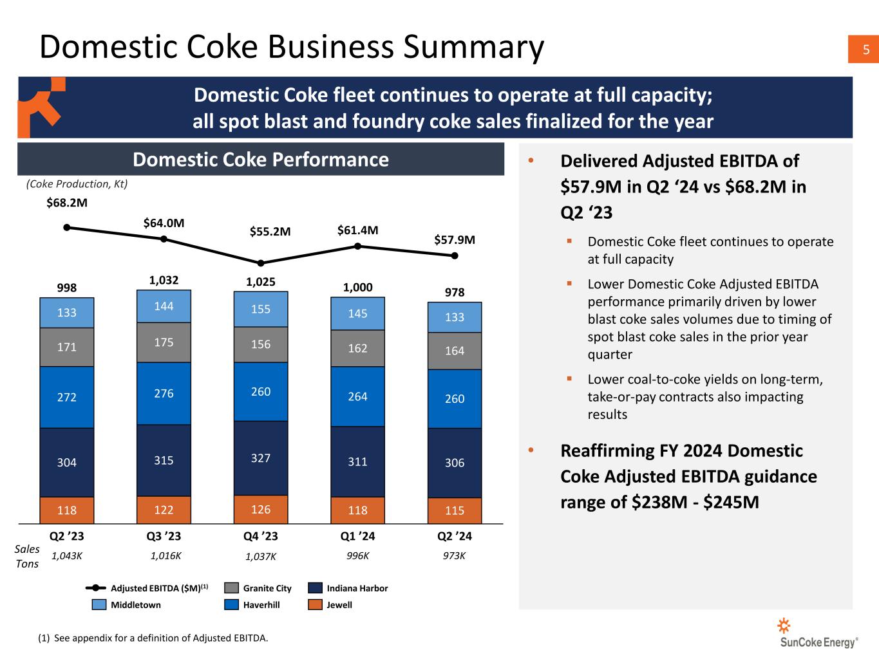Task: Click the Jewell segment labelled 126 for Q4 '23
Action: tap(261, 510)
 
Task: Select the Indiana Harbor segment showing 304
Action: tap(67, 462)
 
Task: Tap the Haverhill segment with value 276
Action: tap(164, 393)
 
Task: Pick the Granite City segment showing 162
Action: tap(357, 348)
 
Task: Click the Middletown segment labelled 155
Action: tap(261, 309)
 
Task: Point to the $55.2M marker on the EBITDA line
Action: tap(261, 263)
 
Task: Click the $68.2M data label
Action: tap(67, 203)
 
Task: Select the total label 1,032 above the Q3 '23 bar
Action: tap(164, 280)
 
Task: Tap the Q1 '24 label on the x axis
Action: tap(357, 536)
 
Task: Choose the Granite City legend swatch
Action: tap(232, 588)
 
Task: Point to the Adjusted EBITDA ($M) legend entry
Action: tap(147, 588)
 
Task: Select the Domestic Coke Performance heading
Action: tap(260, 160)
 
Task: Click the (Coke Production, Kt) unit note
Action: tap(77, 184)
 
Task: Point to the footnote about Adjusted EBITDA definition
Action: tap(153, 638)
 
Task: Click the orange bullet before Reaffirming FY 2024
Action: tap(531, 451)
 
